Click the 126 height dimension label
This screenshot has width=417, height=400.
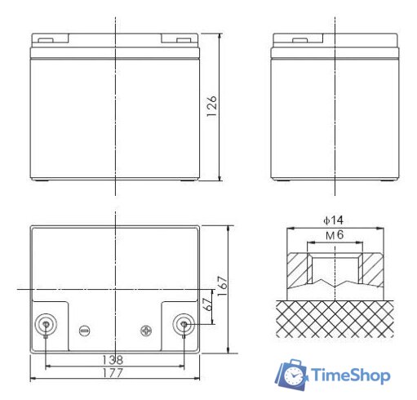pyautogui.click(x=211, y=108)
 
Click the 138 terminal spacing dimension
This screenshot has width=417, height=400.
pyautogui.click(x=113, y=359)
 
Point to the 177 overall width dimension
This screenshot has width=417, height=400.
pyautogui.click(x=113, y=374)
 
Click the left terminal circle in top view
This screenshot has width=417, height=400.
pyautogui.click(x=46, y=325)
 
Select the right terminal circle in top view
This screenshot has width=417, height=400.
pyautogui.click(x=184, y=325)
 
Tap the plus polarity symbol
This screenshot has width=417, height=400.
pyautogui.click(x=146, y=330)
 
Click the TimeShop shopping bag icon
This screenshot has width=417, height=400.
pyautogui.click(x=291, y=374)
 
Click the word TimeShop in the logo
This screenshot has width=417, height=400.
pyautogui.click(x=351, y=376)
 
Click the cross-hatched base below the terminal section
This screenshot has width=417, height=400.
pyautogui.click(x=335, y=318)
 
